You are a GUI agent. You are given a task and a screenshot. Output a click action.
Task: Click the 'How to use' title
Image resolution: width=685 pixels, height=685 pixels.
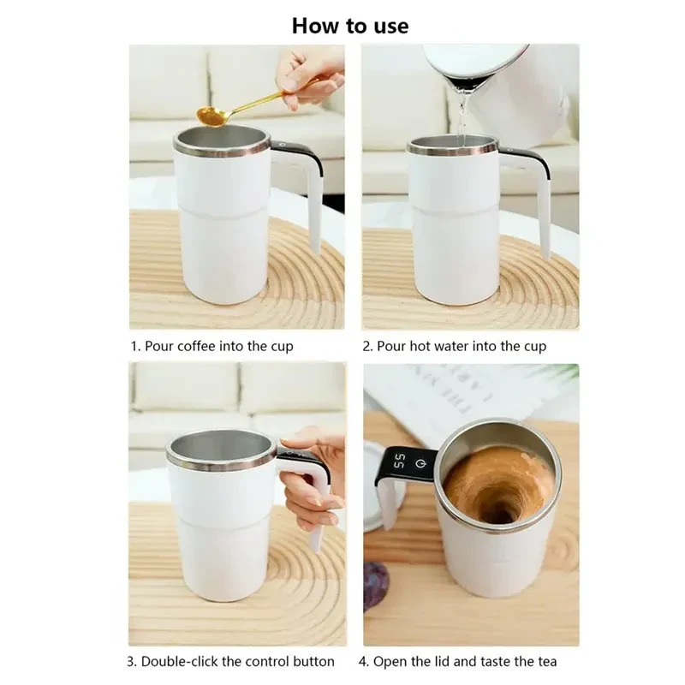(349, 25)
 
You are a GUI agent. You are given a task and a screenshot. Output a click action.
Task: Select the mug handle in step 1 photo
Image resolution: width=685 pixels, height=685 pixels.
(310, 193)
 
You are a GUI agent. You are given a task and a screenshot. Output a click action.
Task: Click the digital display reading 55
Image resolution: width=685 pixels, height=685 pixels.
(400, 462)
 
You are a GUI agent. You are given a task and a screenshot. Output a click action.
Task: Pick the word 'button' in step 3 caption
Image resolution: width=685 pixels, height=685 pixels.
(313, 661)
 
